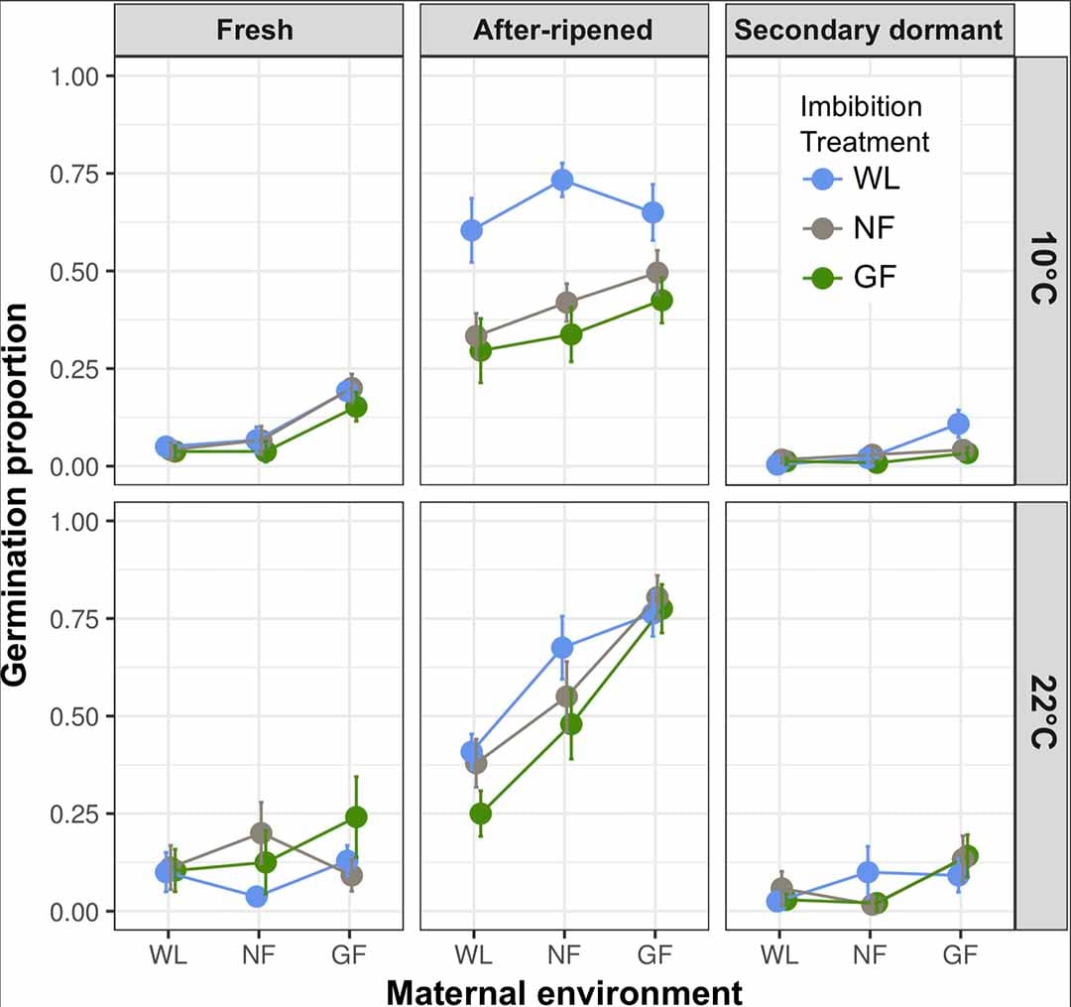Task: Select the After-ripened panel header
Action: click(x=563, y=30)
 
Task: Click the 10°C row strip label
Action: click(x=1040, y=271)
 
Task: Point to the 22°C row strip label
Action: click(x=1040, y=713)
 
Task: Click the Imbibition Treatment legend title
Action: click(x=863, y=124)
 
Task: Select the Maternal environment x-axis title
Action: click(x=563, y=991)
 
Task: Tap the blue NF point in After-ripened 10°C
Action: click(x=563, y=180)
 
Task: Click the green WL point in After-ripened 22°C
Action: click(x=480, y=814)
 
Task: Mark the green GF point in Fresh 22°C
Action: click(x=356, y=817)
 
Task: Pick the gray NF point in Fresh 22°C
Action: click(x=261, y=833)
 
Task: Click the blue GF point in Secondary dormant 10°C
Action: click(x=958, y=424)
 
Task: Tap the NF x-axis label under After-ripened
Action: click(x=563, y=954)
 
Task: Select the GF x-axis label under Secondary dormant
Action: click(x=958, y=954)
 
